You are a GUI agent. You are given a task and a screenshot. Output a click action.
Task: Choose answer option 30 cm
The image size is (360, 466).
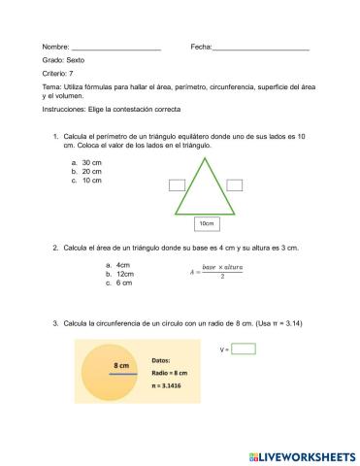tap(92, 163)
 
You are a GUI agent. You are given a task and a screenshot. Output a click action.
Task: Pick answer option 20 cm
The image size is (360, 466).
tap(92, 172)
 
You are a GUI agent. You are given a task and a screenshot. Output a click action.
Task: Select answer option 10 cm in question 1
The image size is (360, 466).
tap(92, 181)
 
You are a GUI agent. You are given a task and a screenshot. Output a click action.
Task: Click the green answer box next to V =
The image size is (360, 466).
tap(244, 349)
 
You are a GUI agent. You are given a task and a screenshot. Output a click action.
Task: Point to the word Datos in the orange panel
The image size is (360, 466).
tap(161, 359)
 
